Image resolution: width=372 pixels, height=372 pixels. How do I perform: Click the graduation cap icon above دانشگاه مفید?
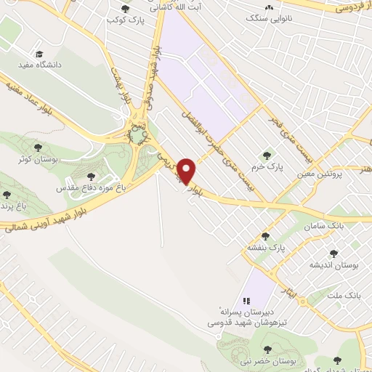(x=40, y=53)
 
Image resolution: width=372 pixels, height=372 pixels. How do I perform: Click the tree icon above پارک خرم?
(x=267, y=154)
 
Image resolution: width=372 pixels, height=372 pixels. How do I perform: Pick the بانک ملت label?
(x=344, y=296)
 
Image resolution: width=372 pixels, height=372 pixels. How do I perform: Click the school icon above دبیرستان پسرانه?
(x=246, y=300)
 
